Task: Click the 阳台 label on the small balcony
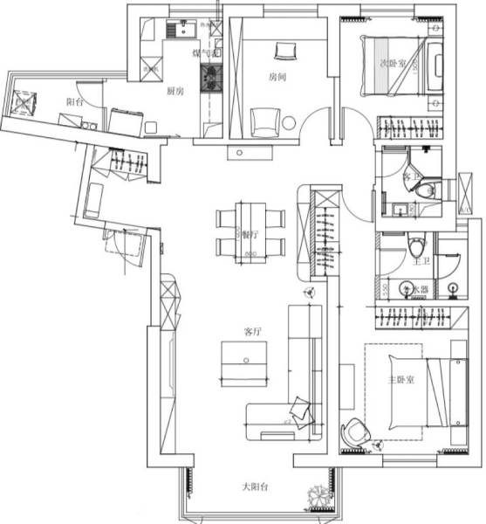pos(75,100)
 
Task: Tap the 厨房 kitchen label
pos(174,90)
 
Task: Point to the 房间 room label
pos(278,77)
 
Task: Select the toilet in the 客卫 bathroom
pos(425,190)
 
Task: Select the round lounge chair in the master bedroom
pos(355,431)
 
